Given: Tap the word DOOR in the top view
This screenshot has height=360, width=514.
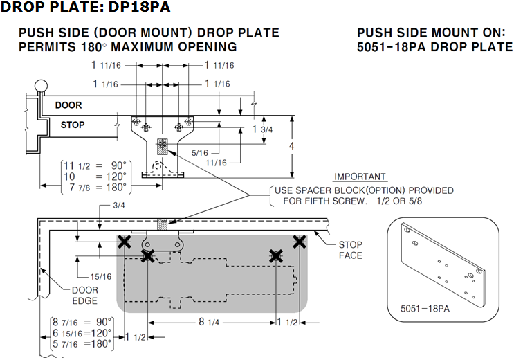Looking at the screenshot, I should (68, 105).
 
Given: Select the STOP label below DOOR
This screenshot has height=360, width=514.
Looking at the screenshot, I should (72, 125).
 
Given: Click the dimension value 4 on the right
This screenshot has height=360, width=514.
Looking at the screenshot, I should (293, 147).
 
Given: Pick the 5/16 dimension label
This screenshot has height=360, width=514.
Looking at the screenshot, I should (200, 152).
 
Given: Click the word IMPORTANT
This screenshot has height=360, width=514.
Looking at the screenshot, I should (360, 177).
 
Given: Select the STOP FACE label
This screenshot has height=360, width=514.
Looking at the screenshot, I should (350, 250).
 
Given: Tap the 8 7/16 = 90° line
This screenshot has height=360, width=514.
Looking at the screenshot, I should (82, 321).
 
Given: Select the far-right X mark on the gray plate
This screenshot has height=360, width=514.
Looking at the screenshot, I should (299, 241).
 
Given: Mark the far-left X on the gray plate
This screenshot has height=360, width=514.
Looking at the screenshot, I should (124, 241).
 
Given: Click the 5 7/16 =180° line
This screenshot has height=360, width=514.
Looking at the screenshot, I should (82, 343).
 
